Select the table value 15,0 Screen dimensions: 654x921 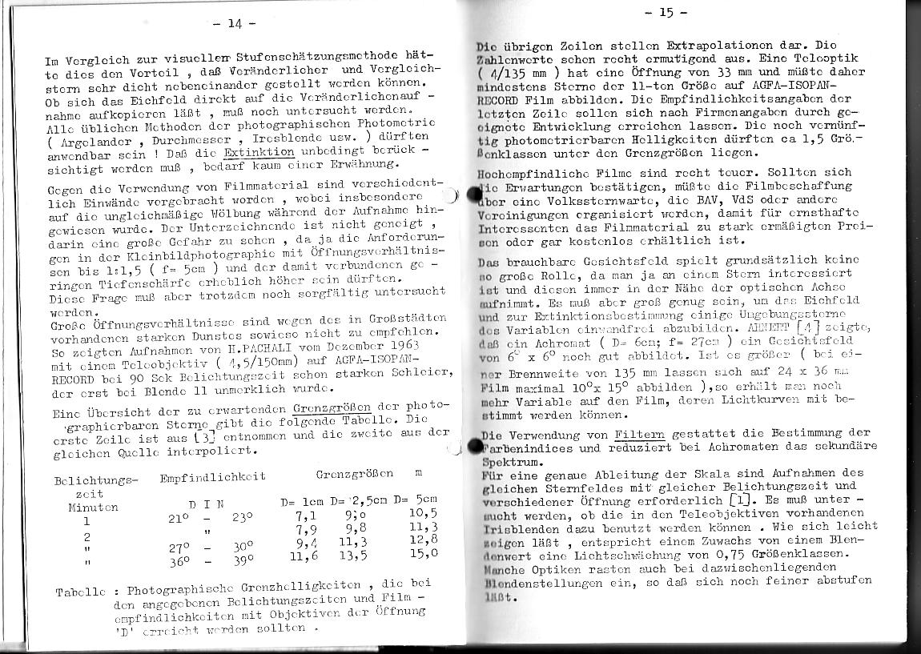point(423,552)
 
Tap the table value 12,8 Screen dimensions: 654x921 point(423,540)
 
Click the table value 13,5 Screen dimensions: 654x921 point(354,554)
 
